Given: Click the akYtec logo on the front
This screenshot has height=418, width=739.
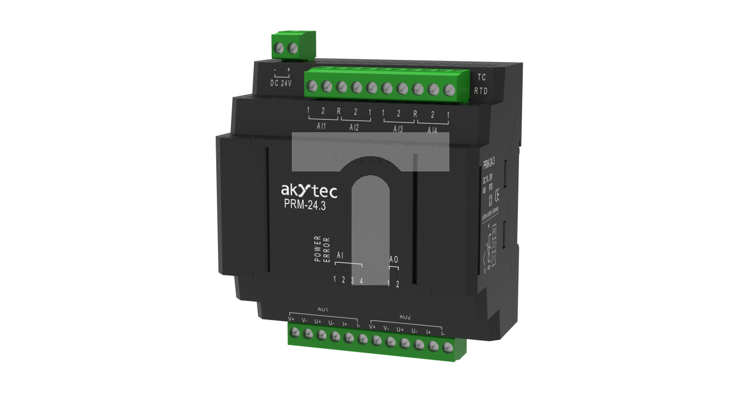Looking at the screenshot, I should click(309, 190).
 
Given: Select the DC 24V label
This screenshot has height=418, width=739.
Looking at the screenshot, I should click(281, 83).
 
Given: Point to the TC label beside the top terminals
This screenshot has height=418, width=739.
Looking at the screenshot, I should click(481, 77).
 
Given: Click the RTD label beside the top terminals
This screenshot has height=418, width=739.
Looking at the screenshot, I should click(481, 91).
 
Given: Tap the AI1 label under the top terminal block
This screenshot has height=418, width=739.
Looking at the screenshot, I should click(321, 127).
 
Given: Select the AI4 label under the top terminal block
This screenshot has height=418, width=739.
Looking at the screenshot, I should click(432, 131).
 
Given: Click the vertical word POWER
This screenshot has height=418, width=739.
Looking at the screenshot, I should click(318, 249).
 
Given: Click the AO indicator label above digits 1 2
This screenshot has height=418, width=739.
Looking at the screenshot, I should click(393, 260).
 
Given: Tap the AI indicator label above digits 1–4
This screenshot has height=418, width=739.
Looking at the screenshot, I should click(340, 255).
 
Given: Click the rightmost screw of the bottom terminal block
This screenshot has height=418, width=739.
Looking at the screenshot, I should click(448, 347).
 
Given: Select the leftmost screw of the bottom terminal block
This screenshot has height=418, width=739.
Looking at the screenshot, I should click(295, 333).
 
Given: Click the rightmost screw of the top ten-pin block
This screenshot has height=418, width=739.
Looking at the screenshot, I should click(449, 90).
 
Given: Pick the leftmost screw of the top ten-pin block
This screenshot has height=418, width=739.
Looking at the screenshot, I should click(312, 85).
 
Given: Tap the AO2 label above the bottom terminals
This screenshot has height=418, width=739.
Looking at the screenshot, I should click(405, 317).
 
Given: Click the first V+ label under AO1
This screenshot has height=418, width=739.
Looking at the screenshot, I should click(291, 319).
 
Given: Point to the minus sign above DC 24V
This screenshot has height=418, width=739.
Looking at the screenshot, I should click(275, 70).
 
